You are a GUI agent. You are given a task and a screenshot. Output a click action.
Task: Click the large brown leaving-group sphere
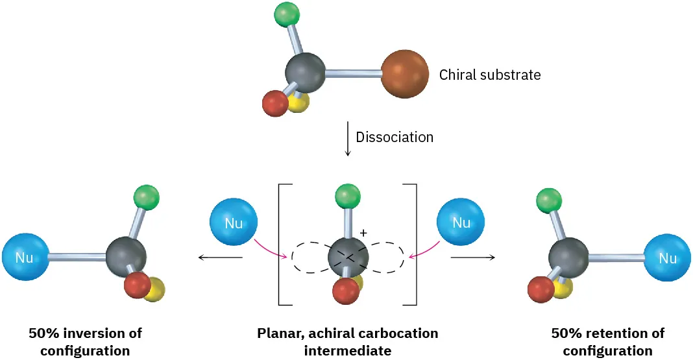coord(404,74)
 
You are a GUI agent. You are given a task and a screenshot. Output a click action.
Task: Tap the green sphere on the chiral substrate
coord(286,14)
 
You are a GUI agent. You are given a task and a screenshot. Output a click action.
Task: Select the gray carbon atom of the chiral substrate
coord(305,73)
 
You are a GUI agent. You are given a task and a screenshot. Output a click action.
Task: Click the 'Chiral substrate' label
coord(490,75)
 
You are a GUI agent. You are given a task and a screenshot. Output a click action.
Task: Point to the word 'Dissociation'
coord(395,138)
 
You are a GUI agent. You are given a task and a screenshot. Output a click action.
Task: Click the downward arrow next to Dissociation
coord(348,138)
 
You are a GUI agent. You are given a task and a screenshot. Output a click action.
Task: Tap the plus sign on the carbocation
coord(363,232)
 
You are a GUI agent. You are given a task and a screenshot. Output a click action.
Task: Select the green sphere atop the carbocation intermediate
coord(348,197)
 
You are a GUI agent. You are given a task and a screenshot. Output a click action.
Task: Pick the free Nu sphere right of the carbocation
coord(461,223)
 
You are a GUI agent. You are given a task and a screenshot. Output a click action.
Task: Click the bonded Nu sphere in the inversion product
coord(25,258)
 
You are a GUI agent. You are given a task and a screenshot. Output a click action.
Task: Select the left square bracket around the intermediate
coord(280,245)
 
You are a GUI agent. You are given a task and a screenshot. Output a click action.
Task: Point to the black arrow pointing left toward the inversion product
coord(220,258)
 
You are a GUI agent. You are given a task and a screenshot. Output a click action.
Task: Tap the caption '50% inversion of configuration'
coord(85,342)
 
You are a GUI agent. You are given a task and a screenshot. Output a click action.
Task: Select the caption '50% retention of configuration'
coord(608,342)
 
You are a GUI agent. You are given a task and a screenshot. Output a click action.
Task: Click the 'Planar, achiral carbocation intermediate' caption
coord(348,342)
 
